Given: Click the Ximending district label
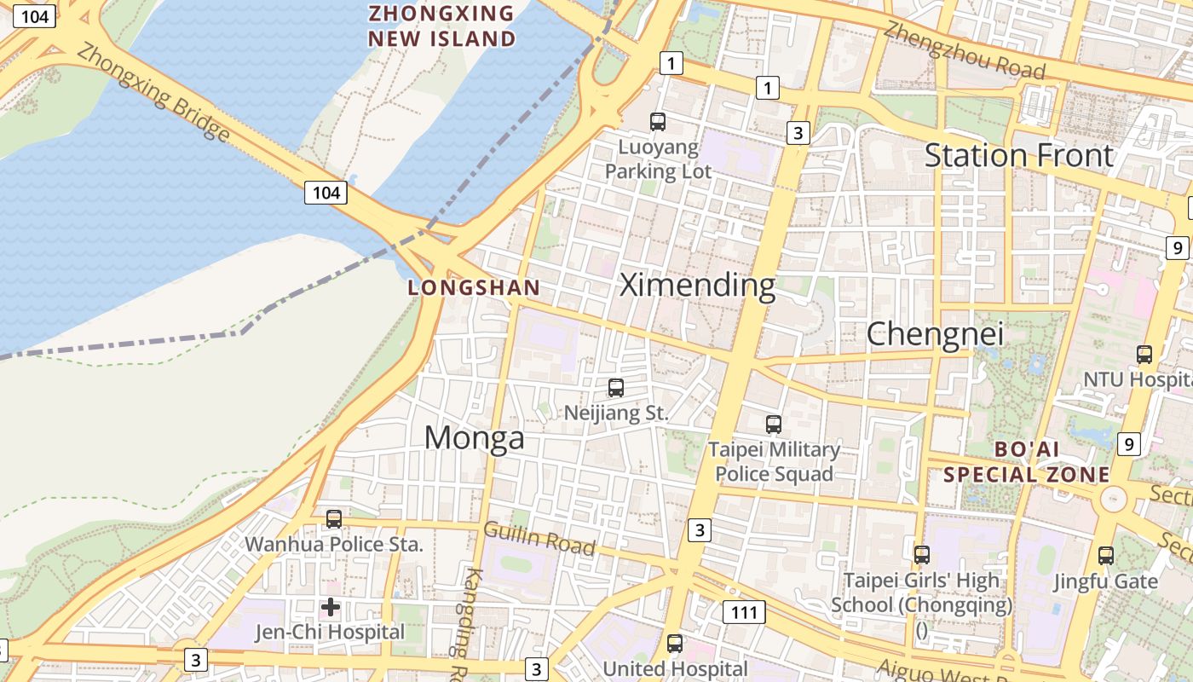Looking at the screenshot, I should (x=697, y=285).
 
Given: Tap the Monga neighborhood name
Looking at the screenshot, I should (x=474, y=438).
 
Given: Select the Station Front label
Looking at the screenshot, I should (x=1018, y=156).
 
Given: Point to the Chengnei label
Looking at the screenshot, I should (x=935, y=334).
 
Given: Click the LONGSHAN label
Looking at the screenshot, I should (x=474, y=288).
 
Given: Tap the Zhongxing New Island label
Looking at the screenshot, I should (x=441, y=26).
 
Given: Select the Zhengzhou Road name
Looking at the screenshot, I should (x=964, y=50).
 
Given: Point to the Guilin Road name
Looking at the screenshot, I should (x=539, y=538).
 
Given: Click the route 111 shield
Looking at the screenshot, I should (x=744, y=611).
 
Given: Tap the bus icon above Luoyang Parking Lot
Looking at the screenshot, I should (x=658, y=121).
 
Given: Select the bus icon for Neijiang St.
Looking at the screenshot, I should (x=616, y=388).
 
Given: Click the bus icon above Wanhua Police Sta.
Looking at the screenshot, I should (x=334, y=518).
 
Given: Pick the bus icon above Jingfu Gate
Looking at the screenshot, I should (x=1106, y=556).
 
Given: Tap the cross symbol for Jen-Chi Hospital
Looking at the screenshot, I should (x=331, y=607).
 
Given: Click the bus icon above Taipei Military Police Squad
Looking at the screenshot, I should (x=774, y=424).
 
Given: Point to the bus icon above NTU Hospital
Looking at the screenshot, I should (x=1144, y=354).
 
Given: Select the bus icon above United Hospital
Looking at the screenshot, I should (x=675, y=644).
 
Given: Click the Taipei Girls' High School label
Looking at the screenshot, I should (x=921, y=592).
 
